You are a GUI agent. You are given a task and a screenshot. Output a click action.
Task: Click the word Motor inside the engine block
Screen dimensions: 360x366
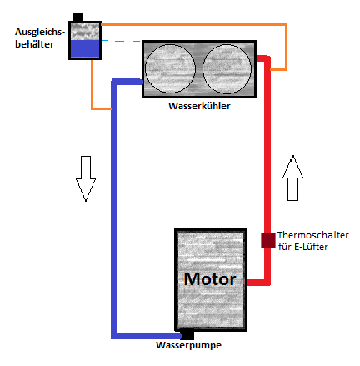tap(210, 279)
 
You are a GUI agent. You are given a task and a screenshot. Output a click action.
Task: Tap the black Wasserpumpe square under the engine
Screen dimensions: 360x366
tap(187, 334)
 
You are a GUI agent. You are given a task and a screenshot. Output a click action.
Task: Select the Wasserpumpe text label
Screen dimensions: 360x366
tap(188, 345)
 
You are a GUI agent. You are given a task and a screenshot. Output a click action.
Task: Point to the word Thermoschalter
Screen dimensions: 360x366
tap(313, 235)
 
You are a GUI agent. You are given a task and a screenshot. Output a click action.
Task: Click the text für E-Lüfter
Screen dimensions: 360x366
tap(303, 247)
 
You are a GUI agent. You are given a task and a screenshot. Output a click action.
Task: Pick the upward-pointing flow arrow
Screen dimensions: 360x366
tap(292, 178)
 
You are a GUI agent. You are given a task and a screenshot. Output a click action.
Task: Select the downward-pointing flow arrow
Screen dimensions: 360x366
tap(86, 178)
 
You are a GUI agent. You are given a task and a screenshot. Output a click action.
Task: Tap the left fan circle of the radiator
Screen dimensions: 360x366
tap(170, 68)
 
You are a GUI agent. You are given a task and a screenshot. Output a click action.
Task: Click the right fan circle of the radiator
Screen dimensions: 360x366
tap(227, 69)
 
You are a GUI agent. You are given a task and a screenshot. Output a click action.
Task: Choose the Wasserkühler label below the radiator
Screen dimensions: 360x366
tap(199, 106)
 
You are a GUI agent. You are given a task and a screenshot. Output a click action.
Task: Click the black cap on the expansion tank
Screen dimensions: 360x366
tap(77, 18)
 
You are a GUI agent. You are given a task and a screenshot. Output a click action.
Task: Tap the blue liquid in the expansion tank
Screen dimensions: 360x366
tap(85, 49)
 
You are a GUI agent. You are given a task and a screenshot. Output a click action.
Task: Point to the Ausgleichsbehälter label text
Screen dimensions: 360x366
tap(40, 38)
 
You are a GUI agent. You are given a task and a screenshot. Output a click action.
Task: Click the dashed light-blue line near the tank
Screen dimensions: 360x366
tap(122, 41)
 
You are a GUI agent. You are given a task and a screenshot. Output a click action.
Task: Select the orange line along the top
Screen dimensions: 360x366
tap(193, 25)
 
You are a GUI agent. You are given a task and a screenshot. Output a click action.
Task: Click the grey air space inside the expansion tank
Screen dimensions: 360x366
tap(85, 32)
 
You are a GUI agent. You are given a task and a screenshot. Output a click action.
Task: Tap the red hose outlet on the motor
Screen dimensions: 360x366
tap(258, 283)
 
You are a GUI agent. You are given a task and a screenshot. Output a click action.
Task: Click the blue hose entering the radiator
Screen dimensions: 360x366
tap(127, 82)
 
